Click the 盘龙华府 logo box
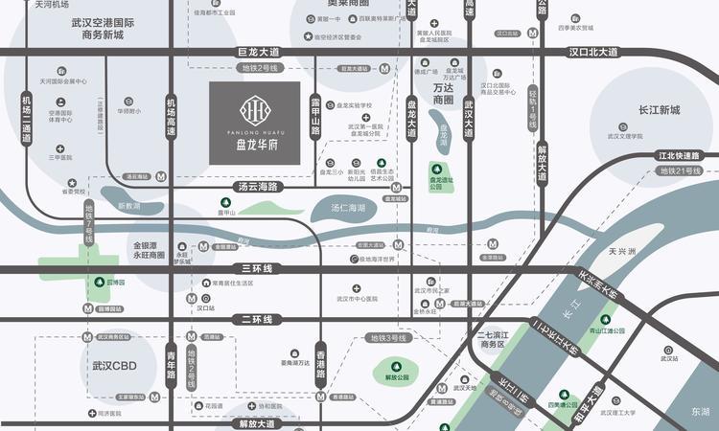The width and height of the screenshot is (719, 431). click(x=254, y=123)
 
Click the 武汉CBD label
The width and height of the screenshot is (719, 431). click(x=112, y=366)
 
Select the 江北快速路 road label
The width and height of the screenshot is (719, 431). click(x=681, y=154)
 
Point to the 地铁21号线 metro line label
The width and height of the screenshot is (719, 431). click(x=681, y=170)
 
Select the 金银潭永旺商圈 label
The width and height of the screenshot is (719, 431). click(x=153, y=252)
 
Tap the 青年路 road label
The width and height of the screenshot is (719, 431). click(x=172, y=363)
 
